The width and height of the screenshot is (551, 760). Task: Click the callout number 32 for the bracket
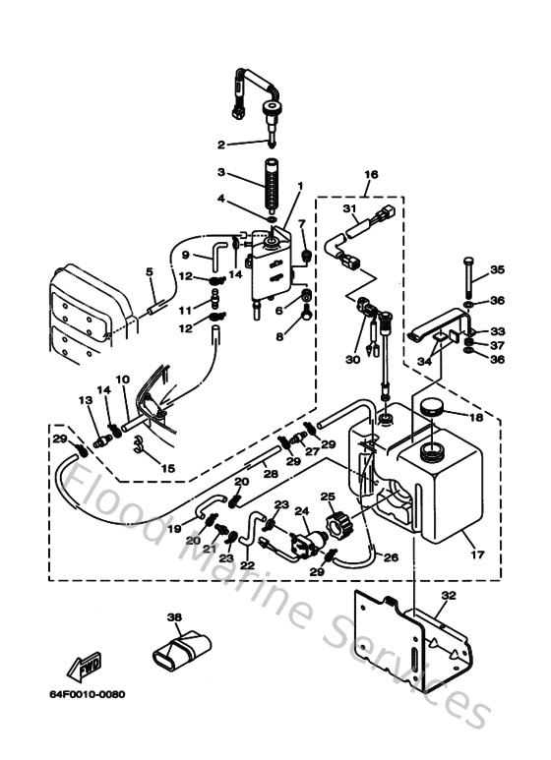[449, 596]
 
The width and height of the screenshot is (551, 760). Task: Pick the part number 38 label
[175, 617]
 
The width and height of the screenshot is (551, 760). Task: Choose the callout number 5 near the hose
[150, 272]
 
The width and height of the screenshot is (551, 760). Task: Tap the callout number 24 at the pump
[303, 510]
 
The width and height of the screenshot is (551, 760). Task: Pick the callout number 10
[123, 378]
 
